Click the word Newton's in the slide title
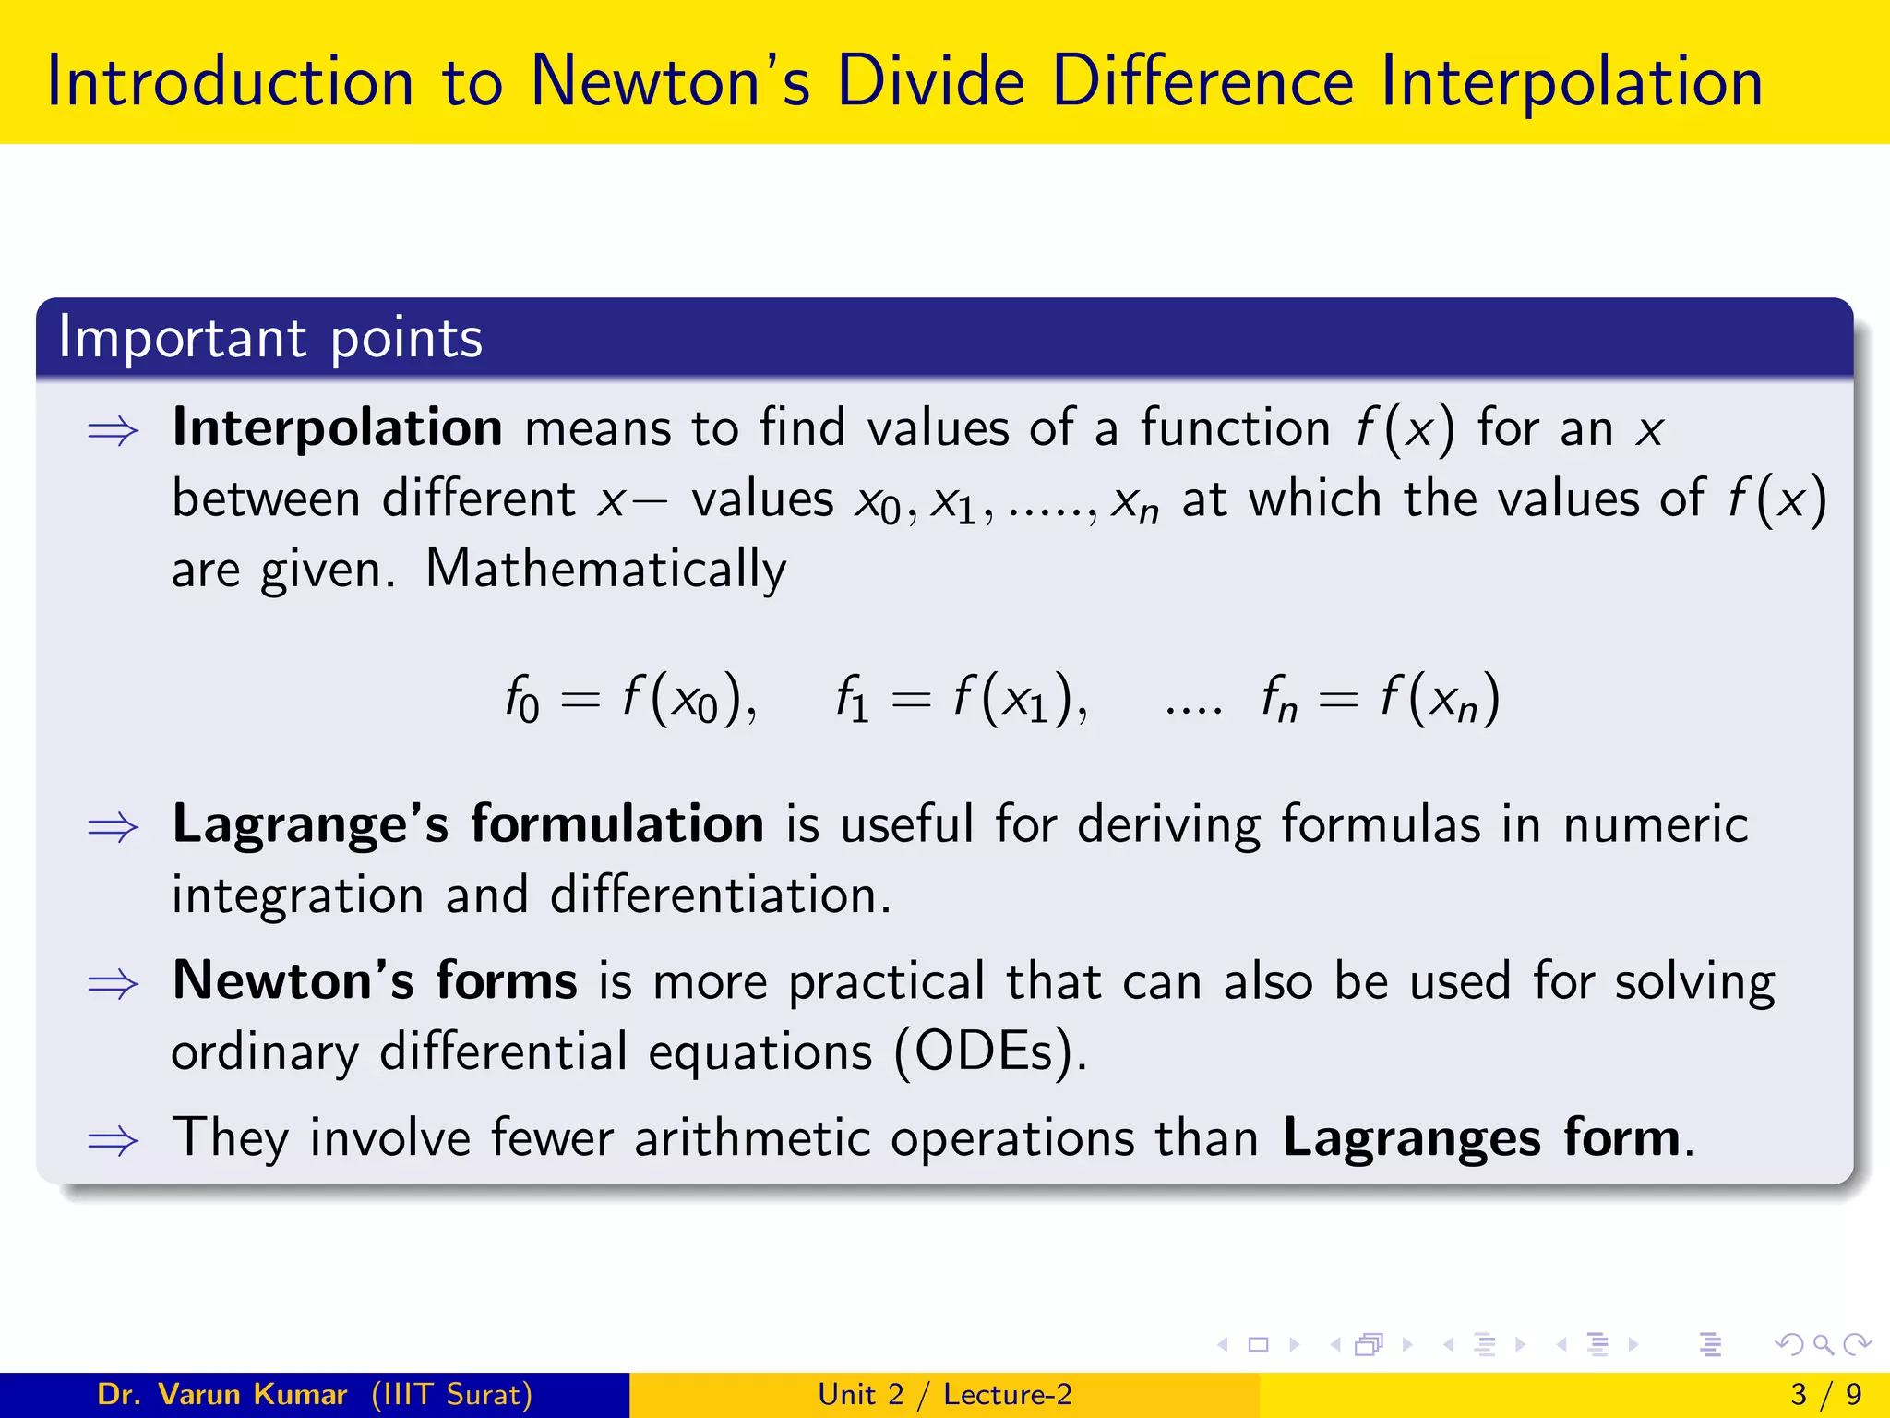pos(670,81)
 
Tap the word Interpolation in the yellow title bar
pos(1572,81)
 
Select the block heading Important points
pos(270,338)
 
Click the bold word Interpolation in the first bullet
pos(337,428)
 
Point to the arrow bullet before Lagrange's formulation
pos(113,827)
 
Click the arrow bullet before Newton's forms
pos(113,984)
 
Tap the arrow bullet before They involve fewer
pos(113,1141)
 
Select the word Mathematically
pos(605,569)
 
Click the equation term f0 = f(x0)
pos(630,700)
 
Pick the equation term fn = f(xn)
pos(1380,700)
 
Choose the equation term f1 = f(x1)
pos(961,700)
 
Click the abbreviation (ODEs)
pos(990,1052)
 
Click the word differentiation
pos(721,895)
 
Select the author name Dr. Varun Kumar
pos(221,1394)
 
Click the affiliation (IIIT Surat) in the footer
pos(452,1394)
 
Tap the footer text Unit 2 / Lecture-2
pos(945,1394)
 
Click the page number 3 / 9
pos(1826,1394)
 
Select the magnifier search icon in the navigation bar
pos(1823,1345)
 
